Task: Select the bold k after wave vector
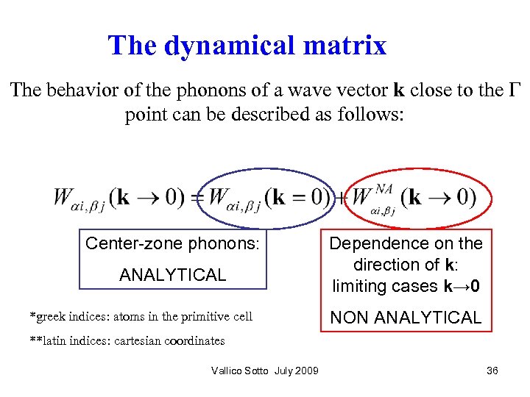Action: pyautogui.click(x=399, y=90)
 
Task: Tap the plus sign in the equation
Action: pyautogui.click(x=342, y=198)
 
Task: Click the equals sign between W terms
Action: pyautogui.click(x=197, y=198)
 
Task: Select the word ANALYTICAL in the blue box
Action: pyautogui.click(x=173, y=275)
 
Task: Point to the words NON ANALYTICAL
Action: pyautogui.click(x=406, y=318)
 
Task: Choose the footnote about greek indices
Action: pyautogui.click(x=141, y=317)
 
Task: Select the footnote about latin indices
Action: pyautogui.click(x=127, y=340)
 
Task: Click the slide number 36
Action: pyautogui.click(x=492, y=371)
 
